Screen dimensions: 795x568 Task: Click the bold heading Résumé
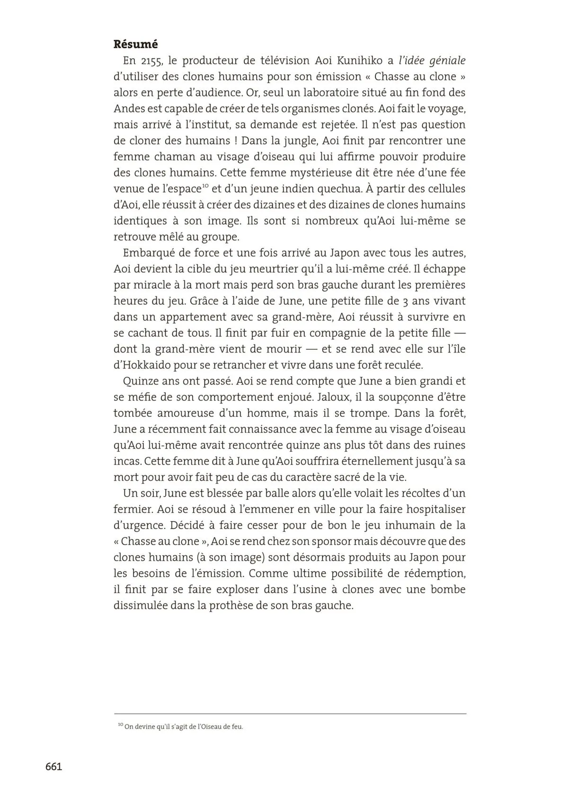135,44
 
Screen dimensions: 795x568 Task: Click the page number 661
53,767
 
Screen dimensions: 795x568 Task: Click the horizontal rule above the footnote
290,714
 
